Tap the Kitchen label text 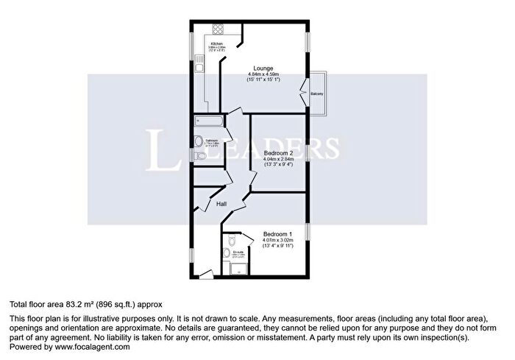[x=196, y=43]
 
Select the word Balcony [x=316, y=94]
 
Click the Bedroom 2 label [x=278, y=152]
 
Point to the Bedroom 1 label [x=278, y=234]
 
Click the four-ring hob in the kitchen [x=219, y=30]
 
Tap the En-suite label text [x=238, y=252]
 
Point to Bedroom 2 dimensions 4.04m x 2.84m [x=278, y=158]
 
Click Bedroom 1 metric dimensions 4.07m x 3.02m [x=278, y=240]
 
